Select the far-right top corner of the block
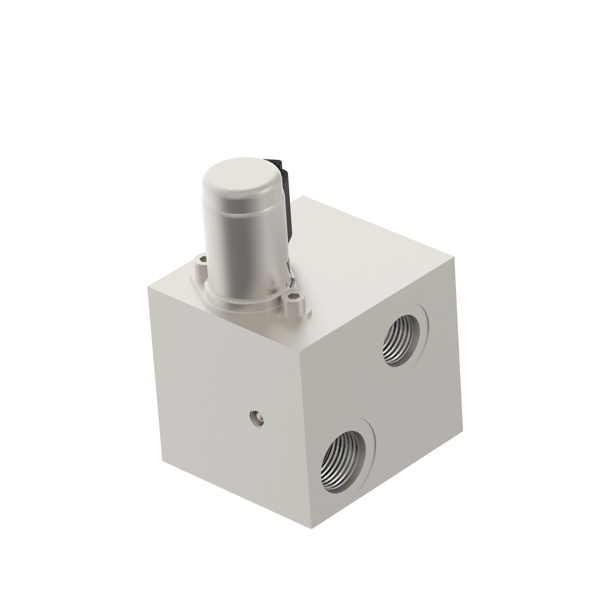pyautogui.click(x=454, y=257)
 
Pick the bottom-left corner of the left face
pyautogui.click(x=162, y=460)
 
